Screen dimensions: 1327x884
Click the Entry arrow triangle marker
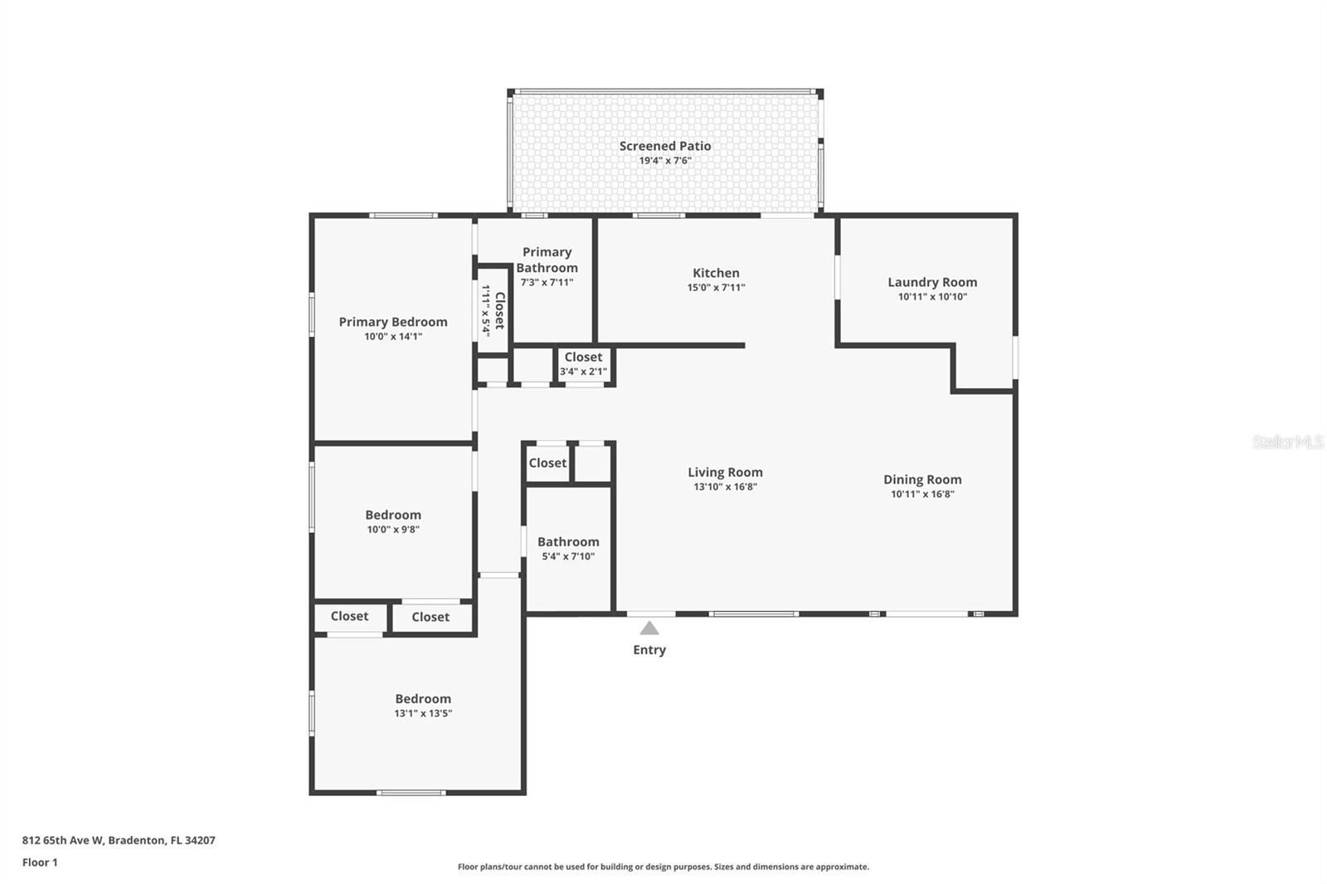[649, 628]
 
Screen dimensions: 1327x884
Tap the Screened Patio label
[665, 146]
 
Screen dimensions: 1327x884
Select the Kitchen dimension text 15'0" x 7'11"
[717, 288]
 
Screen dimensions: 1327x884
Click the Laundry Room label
[932, 282]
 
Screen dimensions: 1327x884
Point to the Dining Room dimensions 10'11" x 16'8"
[922, 494]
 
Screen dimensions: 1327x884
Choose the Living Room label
[725, 472]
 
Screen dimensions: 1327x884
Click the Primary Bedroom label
[393, 322]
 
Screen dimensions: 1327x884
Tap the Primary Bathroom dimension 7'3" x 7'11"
[547, 283]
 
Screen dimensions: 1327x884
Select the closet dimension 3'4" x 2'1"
[584, 372]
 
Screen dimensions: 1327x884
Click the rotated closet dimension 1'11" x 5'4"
[486, 311]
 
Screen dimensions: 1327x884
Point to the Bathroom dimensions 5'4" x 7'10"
[568, 556]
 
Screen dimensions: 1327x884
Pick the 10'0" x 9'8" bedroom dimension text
[393, 530]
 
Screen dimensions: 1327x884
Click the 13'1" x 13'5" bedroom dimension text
[423, 713]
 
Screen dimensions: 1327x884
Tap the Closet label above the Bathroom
[547, 463]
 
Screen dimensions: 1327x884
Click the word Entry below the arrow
[649, 650]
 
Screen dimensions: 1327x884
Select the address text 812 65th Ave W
[63, 840]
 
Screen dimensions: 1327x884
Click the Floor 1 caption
[40, 862]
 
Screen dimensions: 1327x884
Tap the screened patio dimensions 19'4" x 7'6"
[665, 161]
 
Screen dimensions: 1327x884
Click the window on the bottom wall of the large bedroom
[411, 793]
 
